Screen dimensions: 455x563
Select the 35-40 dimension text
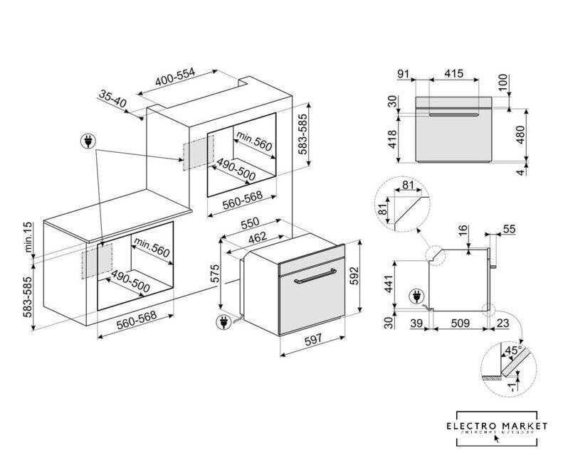tap(112, 99)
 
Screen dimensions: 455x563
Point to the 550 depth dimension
tap(250, 223)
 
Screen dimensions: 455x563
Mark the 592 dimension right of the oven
tap(354, 275)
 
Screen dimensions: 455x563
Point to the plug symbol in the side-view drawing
tap(415, 296)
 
